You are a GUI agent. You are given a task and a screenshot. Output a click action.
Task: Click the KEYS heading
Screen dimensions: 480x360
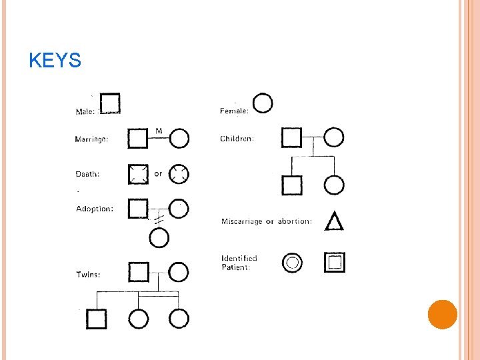pyautogui.click(x=55, y=60)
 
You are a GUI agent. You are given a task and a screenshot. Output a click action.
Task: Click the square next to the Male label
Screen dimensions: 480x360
pyautogui.click(x=110, y=94)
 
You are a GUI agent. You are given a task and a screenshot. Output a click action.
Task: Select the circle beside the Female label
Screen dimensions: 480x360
pyautogui.click(x=263, y=93)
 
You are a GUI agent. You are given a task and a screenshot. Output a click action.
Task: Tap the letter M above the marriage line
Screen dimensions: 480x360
pyautogui.click(x=159, y=131)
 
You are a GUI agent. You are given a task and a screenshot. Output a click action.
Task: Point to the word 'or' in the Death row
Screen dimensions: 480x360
pyautogui.click(x=158, y=174)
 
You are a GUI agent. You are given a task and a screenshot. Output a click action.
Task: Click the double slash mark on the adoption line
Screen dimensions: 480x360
pyautogui.click(x=159, y=219)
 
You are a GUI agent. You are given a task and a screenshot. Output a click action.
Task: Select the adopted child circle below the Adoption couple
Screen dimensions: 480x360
pyautogui.click(x=159, y=228)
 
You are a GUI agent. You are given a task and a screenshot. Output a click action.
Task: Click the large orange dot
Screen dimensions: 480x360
pyautogui.click(x=443, y=315)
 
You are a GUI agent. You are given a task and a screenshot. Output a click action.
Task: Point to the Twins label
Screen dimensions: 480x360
pyautogui.click(x=88, y=274)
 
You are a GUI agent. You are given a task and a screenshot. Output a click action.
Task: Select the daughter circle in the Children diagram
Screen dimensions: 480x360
pyautogui.click(x=334, y=176)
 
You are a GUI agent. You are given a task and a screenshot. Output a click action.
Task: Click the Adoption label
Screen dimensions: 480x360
pyautogui.click(x=95, y=209)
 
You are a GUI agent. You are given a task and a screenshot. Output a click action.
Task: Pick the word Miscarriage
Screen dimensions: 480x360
pyautogui.click(x=242, y=221)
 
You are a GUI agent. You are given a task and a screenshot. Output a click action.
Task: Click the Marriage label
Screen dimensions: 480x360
pyautogui.click(x=91, y=139)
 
